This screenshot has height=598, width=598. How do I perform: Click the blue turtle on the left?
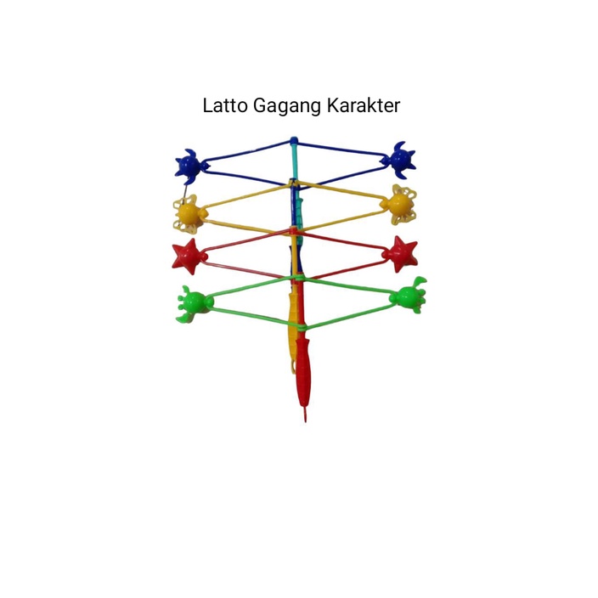pos(189,164)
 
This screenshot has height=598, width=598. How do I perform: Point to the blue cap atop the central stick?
pos(294,141)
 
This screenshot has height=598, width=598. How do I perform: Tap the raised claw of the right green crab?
pos(420,282)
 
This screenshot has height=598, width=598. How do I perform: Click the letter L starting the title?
pos(207,106)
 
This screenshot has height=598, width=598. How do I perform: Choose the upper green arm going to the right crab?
pos(348,285)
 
